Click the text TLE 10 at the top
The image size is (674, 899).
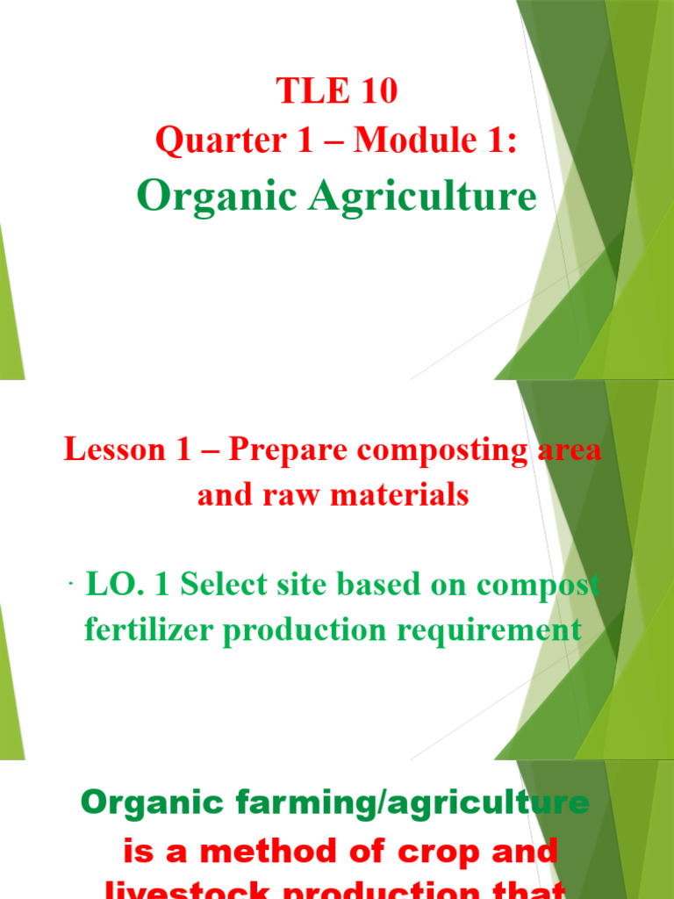[x=336, y=91]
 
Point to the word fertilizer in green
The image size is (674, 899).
[x=141, y=630]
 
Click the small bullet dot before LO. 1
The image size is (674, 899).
[x=69, y=586]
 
